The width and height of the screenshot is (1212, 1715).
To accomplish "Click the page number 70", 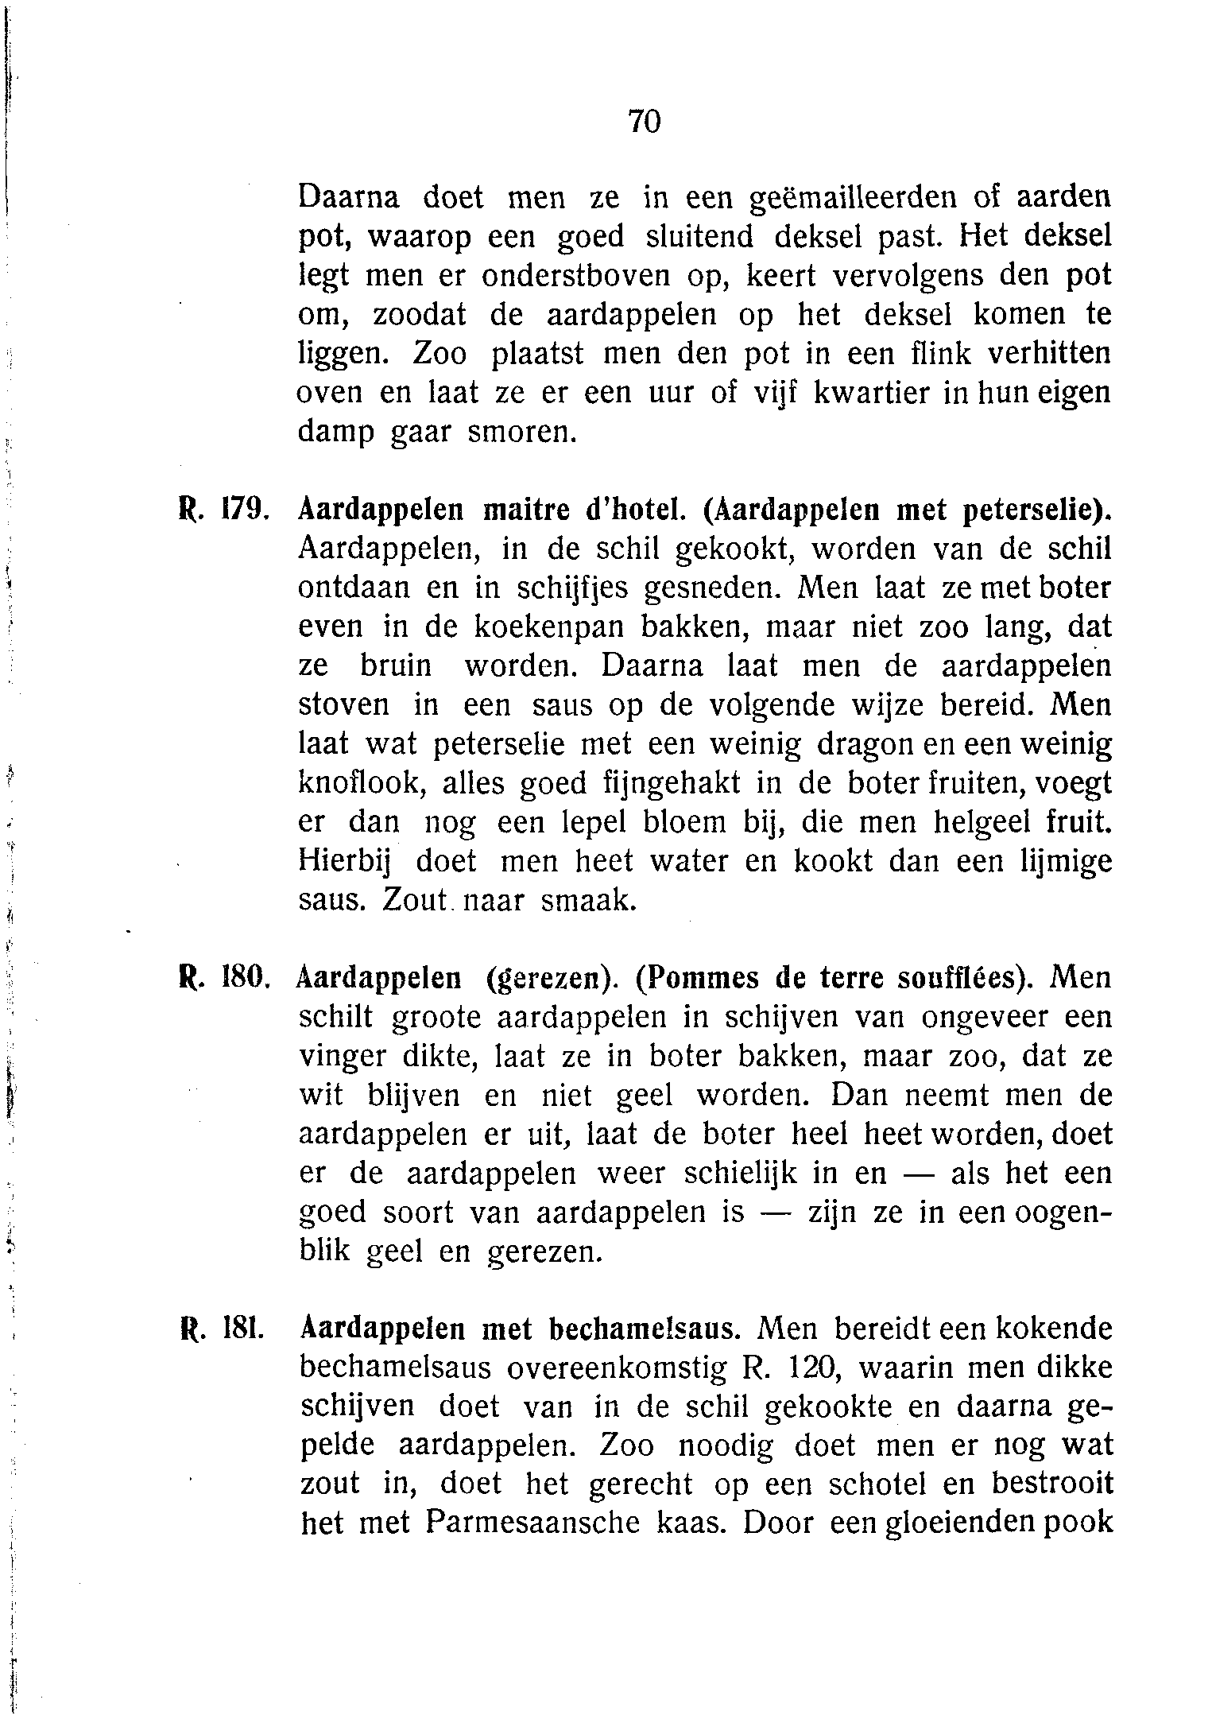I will [x=644, y=122].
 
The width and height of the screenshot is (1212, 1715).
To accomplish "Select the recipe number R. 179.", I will [x=225, y=510].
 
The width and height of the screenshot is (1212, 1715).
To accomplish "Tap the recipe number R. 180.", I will [x=225, y=977].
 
